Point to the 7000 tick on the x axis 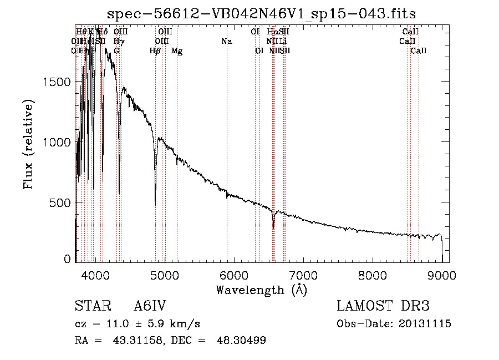(303, 276)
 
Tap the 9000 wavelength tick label (442, 276)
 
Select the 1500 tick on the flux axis (57, 82)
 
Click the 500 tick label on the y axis (60, 203)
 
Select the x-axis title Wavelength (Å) (261, 290)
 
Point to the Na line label (226, 41)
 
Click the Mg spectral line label (177, 51)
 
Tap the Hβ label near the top (155, 51)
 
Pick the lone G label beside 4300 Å (116, 51)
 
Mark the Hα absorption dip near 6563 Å (273, 227)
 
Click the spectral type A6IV (150, 307)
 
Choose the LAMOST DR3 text (383, 307)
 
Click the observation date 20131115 (425, 324)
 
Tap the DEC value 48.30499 (241, 341)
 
